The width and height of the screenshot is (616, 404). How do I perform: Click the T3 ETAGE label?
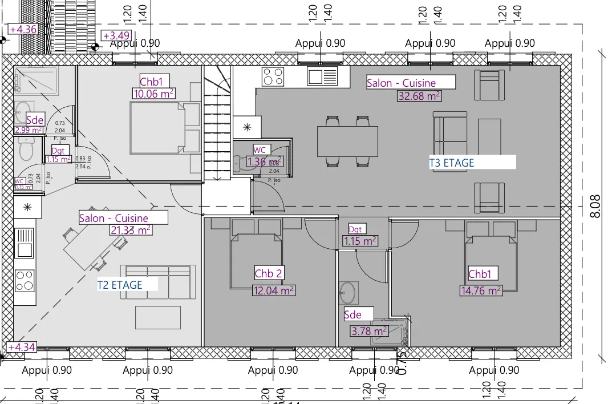tap(452, 163)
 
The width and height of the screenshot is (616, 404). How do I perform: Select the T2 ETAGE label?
tap(120, 284)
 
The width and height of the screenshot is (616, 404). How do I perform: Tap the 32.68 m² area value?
tap(419, 96)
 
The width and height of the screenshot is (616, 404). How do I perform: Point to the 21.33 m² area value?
tap(130, 230)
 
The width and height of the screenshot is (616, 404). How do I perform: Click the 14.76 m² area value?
tap(481, 290)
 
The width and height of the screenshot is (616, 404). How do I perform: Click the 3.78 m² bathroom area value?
tap(369, 330)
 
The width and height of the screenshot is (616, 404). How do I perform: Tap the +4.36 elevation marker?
tap(23, 29)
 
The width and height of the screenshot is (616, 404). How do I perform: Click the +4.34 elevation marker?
tap(22, 347)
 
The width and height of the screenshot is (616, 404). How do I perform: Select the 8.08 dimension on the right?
tap(595, 206)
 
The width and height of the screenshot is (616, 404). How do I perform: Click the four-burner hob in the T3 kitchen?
tap(273, 76)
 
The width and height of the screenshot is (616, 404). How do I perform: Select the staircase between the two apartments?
tap(217, 123)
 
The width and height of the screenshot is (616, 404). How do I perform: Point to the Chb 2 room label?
tap(268, 274)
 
